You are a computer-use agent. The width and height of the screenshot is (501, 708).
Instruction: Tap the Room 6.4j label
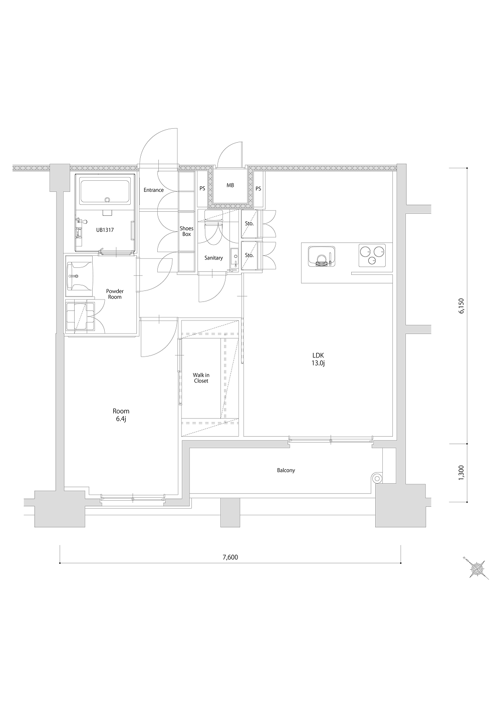pyautogui.click(x=121, y=415)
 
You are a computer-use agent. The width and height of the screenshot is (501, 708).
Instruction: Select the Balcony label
pyautogui.click(x=286, y=470)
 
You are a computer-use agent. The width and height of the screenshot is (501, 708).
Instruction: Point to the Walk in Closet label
pyautogui.click(x=201, y=378)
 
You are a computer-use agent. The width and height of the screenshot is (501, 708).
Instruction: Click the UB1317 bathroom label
pyautogui.click(x=105, y=230)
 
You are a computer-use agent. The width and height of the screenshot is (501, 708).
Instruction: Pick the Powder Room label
pyautogui.click(x=115, y=294)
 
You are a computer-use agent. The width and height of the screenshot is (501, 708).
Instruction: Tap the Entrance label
pyautogui.click(x=154, y=190)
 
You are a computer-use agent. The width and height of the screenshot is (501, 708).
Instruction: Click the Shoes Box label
pyautogui.click(x=186, y=231)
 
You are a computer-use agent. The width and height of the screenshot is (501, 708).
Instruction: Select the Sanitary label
pyautogui.click(x=213, y=258)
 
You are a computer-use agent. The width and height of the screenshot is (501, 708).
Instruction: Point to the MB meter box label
pyautogui.click(x=230, y=186)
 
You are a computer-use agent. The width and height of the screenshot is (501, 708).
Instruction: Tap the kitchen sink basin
pyautogui.click(x=321, y=256)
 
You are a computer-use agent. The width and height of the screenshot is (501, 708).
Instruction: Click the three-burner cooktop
pyautogui.click(x=373, y=255)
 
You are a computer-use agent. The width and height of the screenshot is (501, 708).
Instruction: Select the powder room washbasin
pyautogui.click(x=79, y=275)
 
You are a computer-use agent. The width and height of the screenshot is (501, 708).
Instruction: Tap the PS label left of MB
pyautogui.click(x=202, y=188)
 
